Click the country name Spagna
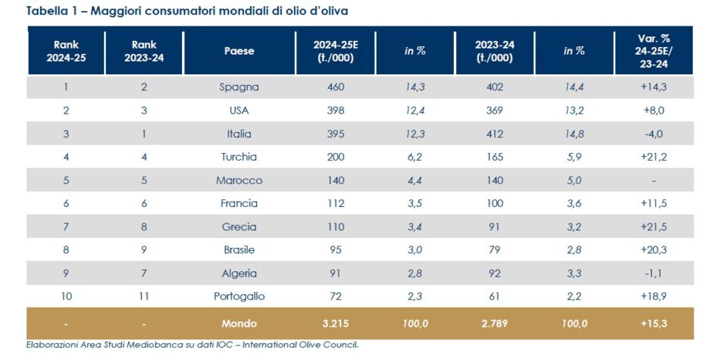pos(239,87)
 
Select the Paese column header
pos(239,52)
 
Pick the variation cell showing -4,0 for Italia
pos(653,134)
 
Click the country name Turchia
pos(239,157)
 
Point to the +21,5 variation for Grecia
pos(653,227)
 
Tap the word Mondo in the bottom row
pos(239,324)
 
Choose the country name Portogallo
pos(239,296)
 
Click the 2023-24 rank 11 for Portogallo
pos(144,296)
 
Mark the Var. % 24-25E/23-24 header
pos(653,52)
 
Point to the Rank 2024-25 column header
pos(66,52)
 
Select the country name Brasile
pos(239,250)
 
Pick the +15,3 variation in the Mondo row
pos(653,324)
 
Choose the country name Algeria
pos(239,274)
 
